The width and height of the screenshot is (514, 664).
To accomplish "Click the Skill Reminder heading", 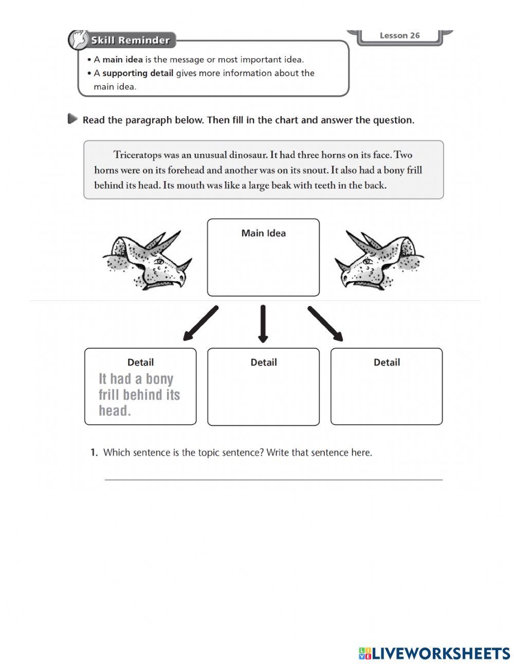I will (x=130, y=40).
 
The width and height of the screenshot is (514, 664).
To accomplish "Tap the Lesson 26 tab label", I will (x=399, y=35).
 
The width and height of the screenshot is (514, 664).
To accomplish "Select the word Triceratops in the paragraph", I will (x=137, y=155).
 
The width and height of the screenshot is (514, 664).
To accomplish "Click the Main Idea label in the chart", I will (x=263, y=233).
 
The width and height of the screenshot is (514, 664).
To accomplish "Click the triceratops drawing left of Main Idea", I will (x=148, y=260).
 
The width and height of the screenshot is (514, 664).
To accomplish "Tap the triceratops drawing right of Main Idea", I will (x=379, y=260).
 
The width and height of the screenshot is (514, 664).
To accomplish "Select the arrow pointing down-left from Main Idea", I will (x=201, y=323).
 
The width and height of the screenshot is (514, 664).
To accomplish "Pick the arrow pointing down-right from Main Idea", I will (x=325, y=323).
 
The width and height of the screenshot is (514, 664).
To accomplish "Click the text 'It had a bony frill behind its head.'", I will (x=139, y=395).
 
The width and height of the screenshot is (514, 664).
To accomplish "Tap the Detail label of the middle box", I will (x=263, y=363).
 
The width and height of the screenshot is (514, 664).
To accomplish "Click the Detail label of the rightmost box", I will (x=387, y=363).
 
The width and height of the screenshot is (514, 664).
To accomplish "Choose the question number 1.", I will (x=94, y=453).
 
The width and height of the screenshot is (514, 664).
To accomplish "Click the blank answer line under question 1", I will (x=273, y=479).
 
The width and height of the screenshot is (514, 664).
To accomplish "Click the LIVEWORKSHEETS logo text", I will (x=440, y=653).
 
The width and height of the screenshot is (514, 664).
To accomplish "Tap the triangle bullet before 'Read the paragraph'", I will (x=73, y=119).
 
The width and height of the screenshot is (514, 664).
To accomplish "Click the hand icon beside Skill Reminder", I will (x=79, y=40).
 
